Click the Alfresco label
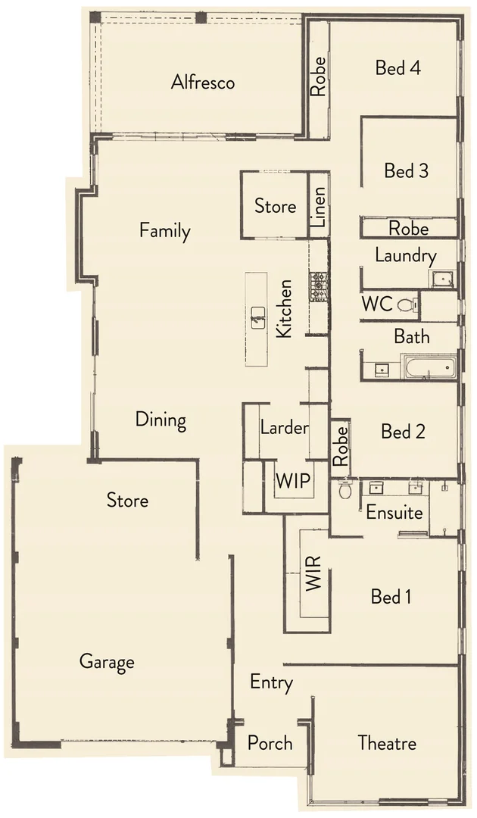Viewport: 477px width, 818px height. pos(202,82)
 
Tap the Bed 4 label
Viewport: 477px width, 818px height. pos(398,67)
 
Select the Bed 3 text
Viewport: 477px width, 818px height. pos(406,171)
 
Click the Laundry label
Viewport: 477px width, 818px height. pos(406,256)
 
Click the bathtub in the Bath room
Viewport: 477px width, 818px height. pos(429,369)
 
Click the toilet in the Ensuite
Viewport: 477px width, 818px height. pos(345,489)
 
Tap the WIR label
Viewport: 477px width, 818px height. pos(314,573)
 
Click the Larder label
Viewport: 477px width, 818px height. pos(284,428)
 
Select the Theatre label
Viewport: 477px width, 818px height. pos(387,742)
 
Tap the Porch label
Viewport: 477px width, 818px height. pos(270,742)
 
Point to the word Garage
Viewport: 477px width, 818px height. pos(107,662)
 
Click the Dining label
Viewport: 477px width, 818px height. pos(161,420)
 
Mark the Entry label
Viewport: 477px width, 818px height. pos(271,682)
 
